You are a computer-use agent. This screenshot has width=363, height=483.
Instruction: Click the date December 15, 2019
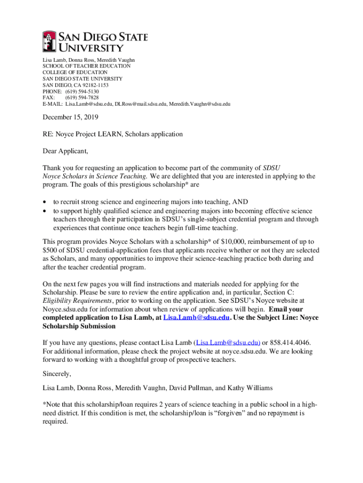(x=71, y=117)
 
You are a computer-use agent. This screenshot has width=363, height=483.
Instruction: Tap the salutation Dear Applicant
(x=65, y=151)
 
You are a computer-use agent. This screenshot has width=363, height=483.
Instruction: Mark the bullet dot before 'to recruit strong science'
(x=45, y=202)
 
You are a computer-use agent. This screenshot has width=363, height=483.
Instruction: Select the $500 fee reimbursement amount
(x=50, y=250)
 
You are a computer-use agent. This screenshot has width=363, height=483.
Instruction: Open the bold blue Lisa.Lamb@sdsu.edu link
(x=196, y=317)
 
